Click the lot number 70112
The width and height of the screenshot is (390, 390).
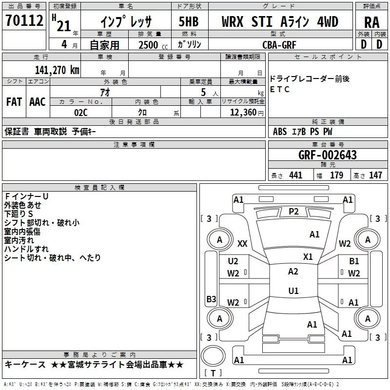[x=25, y=21]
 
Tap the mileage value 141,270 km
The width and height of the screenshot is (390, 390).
[x=57, y=70]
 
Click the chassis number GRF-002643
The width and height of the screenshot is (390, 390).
[x=327, y=155]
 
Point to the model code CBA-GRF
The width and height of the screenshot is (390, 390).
[x=279, y=44]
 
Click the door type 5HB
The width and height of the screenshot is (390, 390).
[x=188, y=22]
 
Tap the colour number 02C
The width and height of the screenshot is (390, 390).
[x=80, y=112]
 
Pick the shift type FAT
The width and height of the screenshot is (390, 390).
[x=14, y=102]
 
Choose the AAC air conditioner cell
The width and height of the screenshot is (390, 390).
[x=37, y=102]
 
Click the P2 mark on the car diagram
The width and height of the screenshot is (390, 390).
[x=293, y=211]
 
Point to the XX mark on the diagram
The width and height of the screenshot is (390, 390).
[x=242, y=243]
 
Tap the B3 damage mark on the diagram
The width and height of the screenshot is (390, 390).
[x=211, y=299]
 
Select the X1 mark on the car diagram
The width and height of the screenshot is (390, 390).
[x=308, y=256]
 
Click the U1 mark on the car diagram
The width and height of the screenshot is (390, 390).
[x=293, y=291]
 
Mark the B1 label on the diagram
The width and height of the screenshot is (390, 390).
[x=354, y=261]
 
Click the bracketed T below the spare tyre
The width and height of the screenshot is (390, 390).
[x=213, y=373]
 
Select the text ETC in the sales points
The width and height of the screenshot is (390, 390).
[x=280, y=89]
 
